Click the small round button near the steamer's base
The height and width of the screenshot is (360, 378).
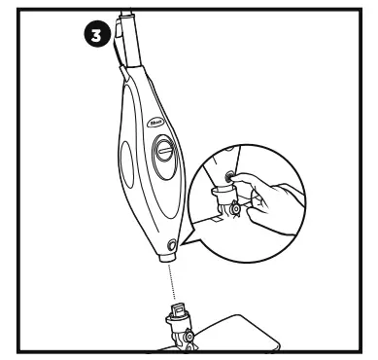pyautogui.click(x=172, y=244)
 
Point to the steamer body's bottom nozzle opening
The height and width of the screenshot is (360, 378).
pyautogui.click(x=166, y=259)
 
